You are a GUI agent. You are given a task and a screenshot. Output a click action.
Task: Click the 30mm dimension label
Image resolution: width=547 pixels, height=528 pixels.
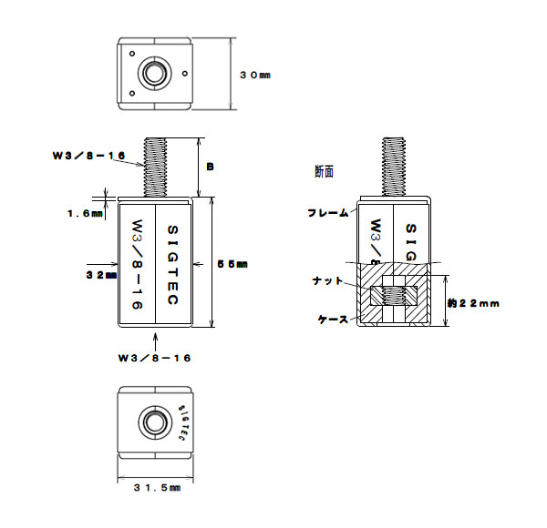coord(254,76)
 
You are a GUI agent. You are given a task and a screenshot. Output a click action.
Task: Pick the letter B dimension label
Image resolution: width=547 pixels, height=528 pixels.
coord(210,167)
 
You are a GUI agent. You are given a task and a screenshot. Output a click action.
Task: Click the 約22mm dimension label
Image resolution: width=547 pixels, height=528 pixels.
coord(472,302)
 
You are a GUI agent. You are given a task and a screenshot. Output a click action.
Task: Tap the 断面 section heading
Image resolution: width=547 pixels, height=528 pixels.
coord(324,170)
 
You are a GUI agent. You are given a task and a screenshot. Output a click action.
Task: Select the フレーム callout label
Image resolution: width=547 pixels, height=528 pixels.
coord(327,212)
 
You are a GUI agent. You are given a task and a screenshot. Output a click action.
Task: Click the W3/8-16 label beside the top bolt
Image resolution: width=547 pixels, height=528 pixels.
coord(88,156)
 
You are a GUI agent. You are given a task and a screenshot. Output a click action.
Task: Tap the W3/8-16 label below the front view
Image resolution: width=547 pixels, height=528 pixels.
coord(154,359)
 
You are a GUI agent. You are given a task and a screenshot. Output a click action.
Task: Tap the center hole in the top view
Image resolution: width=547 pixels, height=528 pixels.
coord(152,72)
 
